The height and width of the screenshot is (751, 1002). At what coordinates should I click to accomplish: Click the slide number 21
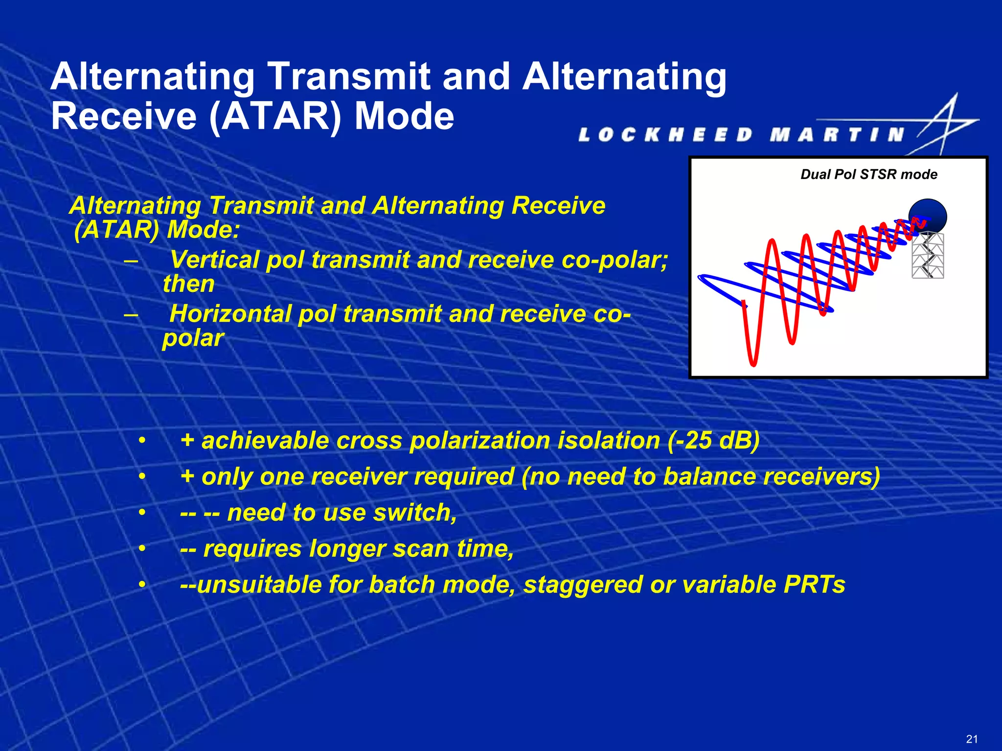pyautogui.click(x=972, y=739)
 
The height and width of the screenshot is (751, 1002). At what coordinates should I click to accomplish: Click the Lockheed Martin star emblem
pyautogui.click(x=947, y=125)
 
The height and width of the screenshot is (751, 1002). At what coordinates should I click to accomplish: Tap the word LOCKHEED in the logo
pyautogui.click(x=665, y=135)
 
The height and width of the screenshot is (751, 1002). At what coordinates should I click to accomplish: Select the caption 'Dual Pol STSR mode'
pyautogui.click(x=868, y=175)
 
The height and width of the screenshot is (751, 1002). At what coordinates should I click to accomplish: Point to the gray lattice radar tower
pyautogui.click(x=928, y=256)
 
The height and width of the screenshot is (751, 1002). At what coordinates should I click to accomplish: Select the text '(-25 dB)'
pyautogui.click(x=713, y=440)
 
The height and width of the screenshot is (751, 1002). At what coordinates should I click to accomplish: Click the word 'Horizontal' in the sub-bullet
pyautogui.click(x=230, y=313)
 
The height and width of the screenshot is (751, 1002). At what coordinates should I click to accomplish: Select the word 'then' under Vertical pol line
pyautogui.click(x=189, y=284)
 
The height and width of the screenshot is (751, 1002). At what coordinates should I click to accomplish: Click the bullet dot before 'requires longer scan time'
pyautogui.click(x=142, y=549)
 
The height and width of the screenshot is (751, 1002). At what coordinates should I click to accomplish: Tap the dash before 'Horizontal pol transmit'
pyautogui.click(x=131, y=314)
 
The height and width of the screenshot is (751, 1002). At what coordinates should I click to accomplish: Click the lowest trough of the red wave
pyautogui.click(x=753, y=363)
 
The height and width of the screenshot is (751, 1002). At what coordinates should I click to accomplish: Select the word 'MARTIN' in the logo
pyautogui.click(x=837, y=135)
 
